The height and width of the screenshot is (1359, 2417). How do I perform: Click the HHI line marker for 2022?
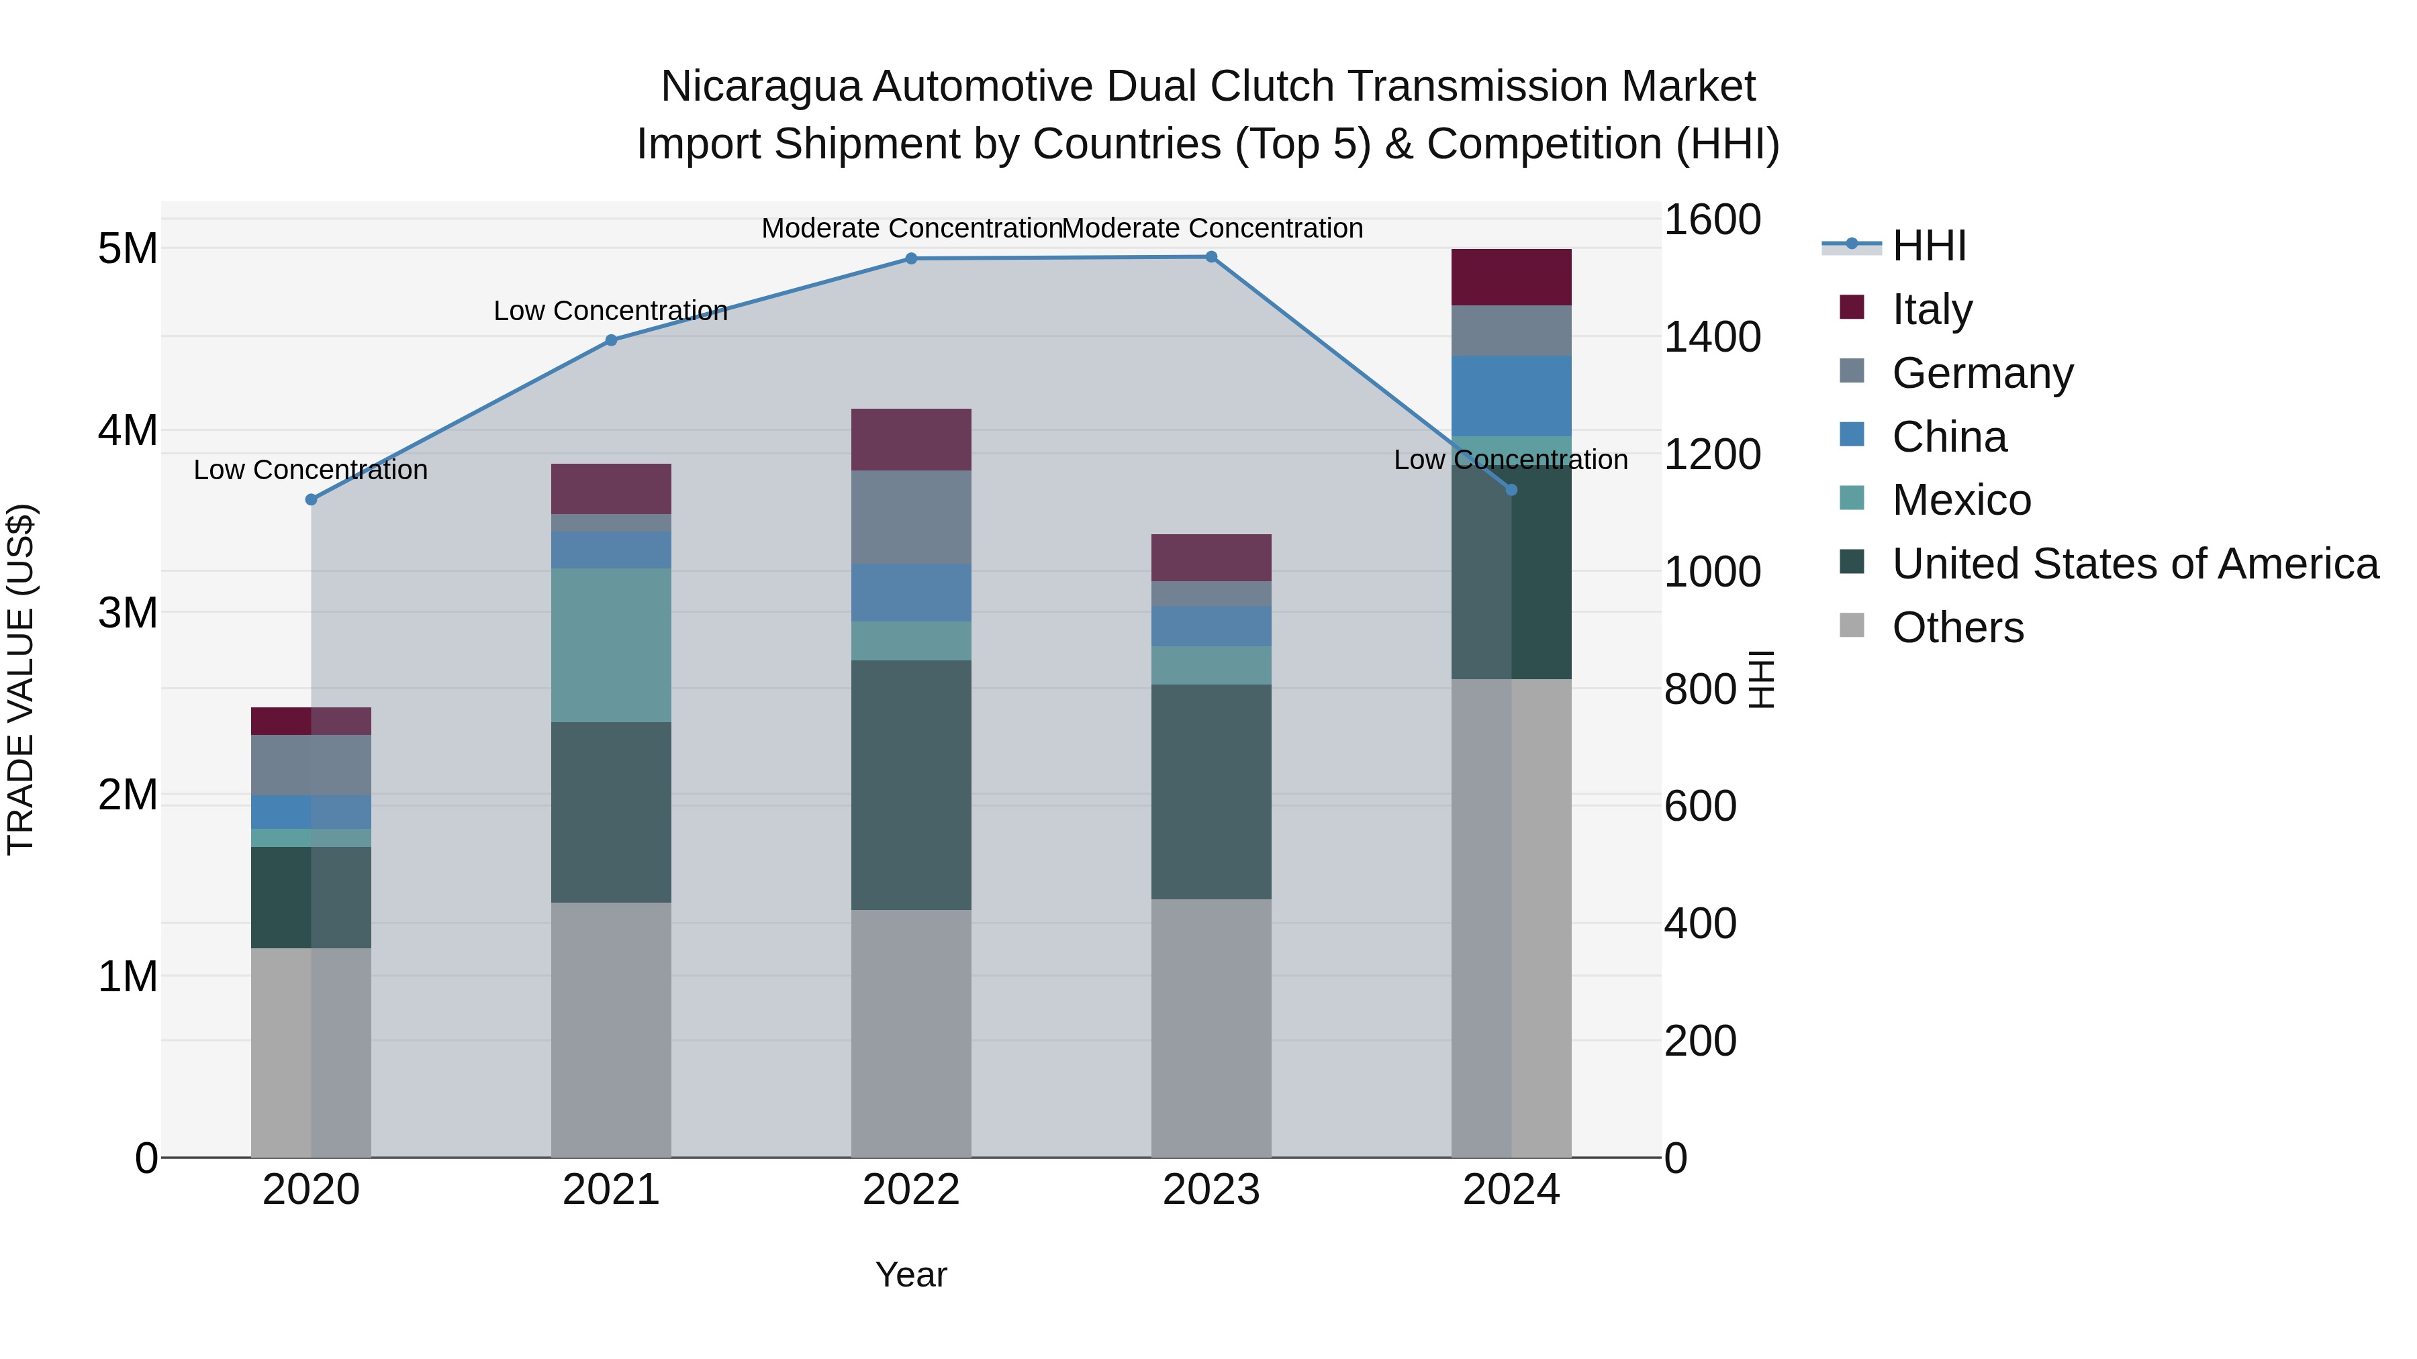(910, 259)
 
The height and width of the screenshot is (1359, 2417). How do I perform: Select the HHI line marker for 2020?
(312, 500)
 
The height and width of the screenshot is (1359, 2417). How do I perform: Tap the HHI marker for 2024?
(1511, 490)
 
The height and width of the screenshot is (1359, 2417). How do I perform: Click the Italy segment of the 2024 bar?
(1511, 278)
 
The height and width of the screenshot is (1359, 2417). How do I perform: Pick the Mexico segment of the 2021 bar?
(611, 645)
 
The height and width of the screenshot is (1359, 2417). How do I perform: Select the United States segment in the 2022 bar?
(910, 785)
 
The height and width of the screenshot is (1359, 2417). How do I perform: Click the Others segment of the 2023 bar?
(1211, 1028)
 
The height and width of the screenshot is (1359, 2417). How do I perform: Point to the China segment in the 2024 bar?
(1511, 396)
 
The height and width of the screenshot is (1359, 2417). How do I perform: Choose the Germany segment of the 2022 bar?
(910, 517)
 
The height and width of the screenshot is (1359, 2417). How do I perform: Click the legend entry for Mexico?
(1961, 500)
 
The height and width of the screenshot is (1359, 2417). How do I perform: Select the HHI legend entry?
(1928, 246)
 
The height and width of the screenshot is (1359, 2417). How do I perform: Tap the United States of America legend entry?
(2134, 564)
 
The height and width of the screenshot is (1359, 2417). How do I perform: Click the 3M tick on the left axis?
(128, 613)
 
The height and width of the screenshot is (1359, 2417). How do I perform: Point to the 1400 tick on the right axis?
(1712, 338)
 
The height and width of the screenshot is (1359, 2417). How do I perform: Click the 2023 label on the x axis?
(1211, 1190)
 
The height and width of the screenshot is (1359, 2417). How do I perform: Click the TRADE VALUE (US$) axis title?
(21, 679)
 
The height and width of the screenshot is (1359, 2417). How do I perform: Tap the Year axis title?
(910, 1274)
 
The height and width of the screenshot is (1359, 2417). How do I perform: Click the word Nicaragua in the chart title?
(760, 87)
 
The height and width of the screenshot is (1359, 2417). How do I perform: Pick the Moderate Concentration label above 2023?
(1213, 228)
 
